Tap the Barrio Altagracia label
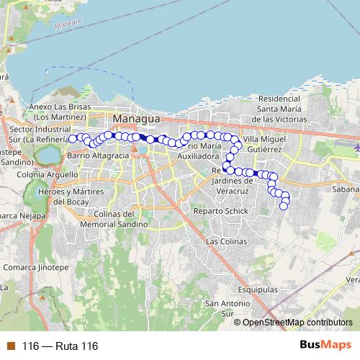coord(97,155)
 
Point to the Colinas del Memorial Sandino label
coord(120,219)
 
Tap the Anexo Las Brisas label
coord(60,112)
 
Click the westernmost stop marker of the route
coord(72,138)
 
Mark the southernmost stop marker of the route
coord(284,207)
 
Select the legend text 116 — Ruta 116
coord(60,346)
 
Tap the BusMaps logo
coord(325,345)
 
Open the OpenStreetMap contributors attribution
coord(297,323)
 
